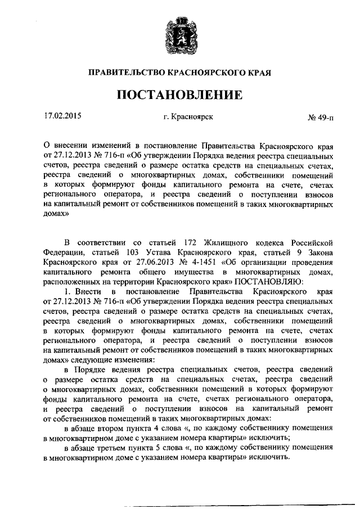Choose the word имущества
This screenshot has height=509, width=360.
183,271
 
